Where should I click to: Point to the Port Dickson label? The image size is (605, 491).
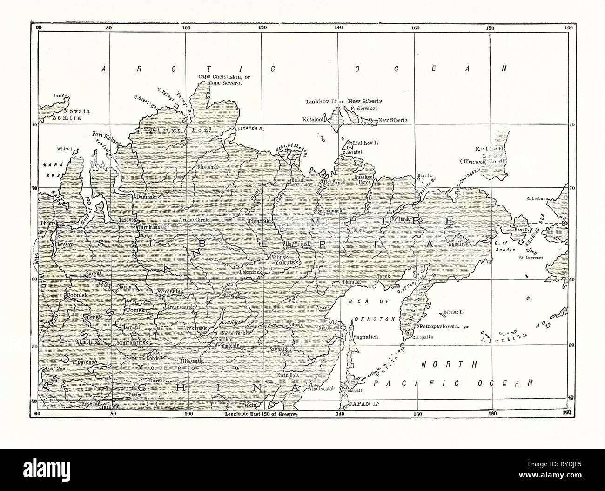point(106,138)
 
